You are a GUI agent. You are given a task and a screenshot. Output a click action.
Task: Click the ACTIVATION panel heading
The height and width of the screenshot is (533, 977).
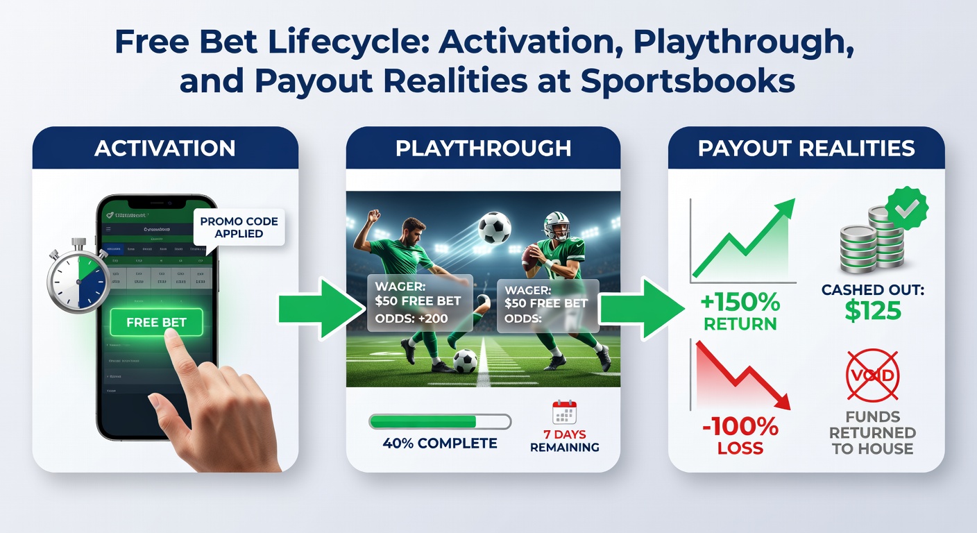point(164,148)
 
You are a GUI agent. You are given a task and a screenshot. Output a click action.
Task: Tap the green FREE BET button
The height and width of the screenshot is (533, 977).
point(156,323)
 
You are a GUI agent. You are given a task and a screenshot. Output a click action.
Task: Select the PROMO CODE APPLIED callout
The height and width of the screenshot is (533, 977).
point(239,228)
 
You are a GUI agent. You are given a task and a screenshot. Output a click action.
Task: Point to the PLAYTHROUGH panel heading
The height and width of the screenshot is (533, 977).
point(483,148)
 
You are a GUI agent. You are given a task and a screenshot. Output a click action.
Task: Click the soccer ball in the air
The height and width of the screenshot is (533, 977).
point(493,227)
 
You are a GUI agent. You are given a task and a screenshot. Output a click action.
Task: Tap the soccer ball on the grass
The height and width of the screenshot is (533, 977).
point(465,360)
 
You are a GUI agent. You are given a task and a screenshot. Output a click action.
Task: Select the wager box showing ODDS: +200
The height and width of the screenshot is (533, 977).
point(419,303)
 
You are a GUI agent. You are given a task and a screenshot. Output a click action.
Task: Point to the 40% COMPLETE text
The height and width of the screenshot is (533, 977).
point(440,443)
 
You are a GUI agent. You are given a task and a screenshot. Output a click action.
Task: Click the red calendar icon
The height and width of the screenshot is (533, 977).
point(563,412)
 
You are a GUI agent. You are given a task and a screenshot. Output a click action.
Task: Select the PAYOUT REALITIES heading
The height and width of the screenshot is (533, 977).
point(806,148)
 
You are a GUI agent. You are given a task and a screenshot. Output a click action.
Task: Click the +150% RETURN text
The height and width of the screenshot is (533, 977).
point(740,313)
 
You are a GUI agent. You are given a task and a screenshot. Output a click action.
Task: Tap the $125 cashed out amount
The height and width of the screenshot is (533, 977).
point(872,310)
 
